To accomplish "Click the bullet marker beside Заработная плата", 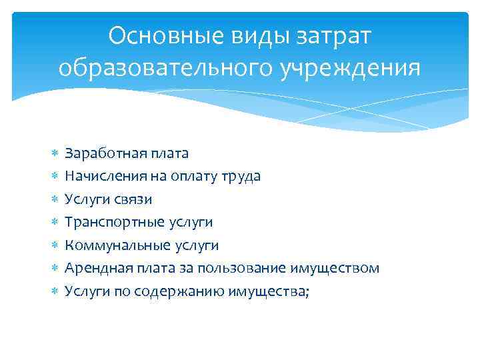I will tap(54, 154).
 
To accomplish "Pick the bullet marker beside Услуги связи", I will tap(54, 200).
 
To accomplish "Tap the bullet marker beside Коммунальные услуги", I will tap(54, 246).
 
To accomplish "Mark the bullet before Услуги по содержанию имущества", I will tap(54, 292).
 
